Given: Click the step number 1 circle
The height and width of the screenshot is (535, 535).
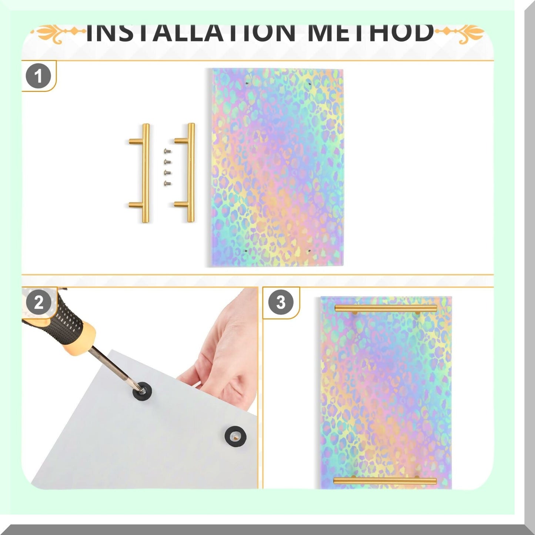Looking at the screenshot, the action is tap(38, 76).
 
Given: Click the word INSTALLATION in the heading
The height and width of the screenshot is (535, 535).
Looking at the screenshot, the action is tap(191, 33).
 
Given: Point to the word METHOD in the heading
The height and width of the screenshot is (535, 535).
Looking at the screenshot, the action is tap(371, 33).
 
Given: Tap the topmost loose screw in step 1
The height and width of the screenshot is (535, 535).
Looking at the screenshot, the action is tap(167, 151).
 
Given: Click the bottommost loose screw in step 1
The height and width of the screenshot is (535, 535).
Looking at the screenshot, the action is tap(167, 183).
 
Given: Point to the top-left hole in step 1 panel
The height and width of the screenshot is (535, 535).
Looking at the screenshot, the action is tap(247, 83).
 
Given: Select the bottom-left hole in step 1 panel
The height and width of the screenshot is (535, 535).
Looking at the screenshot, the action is tap(246, 250).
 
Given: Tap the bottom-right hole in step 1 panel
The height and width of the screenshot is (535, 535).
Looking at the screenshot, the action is tap(309, 250).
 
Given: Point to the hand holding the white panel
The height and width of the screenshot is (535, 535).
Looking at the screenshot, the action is tap(222, 361).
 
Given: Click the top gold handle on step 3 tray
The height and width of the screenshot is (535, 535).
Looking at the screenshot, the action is tap(386, 308).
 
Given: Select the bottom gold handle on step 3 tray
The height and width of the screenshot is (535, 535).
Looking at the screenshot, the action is tap(385, 481).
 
